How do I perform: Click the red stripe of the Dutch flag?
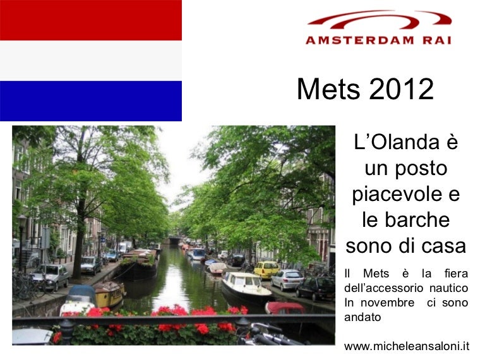coord(91,20)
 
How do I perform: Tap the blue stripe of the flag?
coord(91,101)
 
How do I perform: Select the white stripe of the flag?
coord(91,61)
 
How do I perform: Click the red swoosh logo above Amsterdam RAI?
coord(380,19)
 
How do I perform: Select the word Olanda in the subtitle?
coord(405,142)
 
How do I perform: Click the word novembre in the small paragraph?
coord(388,303)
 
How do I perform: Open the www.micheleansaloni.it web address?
coord(407,346)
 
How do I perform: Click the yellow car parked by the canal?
coord(266,270)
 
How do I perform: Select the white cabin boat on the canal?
coord(246,286)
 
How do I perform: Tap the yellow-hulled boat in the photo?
coord(109,294)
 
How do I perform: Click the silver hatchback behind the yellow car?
coord(287,279)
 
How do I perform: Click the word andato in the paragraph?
coord(362,317)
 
